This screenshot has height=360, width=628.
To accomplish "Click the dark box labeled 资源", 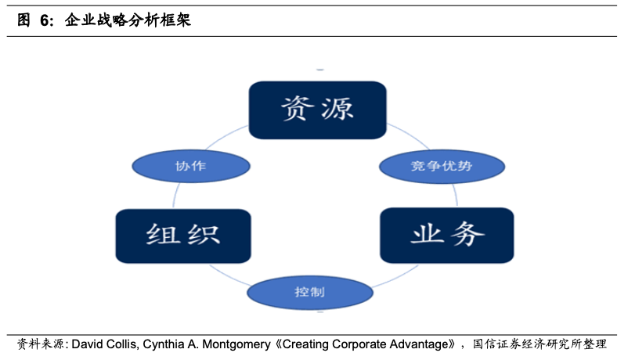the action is click(x=318, y=110).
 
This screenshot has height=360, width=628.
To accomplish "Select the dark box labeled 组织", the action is click(x=183, y=236).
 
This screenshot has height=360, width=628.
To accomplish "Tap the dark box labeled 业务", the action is click(x=447, y=235).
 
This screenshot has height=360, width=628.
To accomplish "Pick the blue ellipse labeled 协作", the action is click(x=191, y=166).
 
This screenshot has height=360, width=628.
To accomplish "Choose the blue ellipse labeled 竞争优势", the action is click(x=442, y=167).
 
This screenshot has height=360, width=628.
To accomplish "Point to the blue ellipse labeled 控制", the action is click(x=310, y=293).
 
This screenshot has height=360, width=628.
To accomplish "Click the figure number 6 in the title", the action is click(x=45, y=20).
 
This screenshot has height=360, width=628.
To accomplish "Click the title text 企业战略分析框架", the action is click(x=128, y=20).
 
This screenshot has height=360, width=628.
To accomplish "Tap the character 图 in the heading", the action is click(x=23, y=20).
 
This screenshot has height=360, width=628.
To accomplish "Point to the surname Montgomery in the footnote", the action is click(x=236, y=344).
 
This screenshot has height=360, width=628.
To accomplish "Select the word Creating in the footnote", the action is click(x=305, y=344).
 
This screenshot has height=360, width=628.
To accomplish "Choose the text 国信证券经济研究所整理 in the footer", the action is click(x=540, y=344).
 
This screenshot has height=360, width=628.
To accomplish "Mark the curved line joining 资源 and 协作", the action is click(x=225, y=135).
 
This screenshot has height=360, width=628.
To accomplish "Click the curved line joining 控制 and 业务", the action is click(x=396, y=277).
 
